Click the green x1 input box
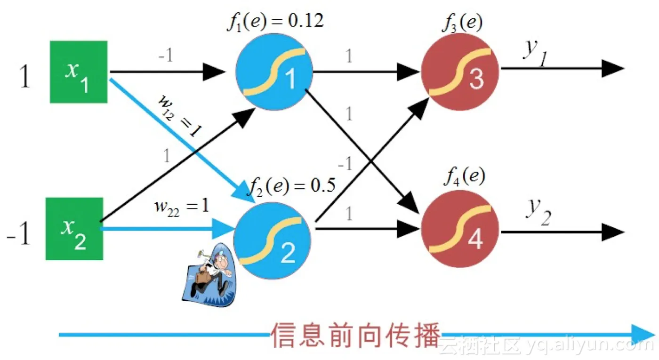pos(79,72)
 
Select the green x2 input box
pos(74,229)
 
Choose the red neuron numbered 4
pos(461,231)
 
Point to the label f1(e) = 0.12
pos(275,22)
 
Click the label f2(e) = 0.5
pos(293,185)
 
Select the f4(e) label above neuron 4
pos(464,177)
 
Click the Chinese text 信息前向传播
pos(355,335)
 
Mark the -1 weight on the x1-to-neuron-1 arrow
pos(166,56)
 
